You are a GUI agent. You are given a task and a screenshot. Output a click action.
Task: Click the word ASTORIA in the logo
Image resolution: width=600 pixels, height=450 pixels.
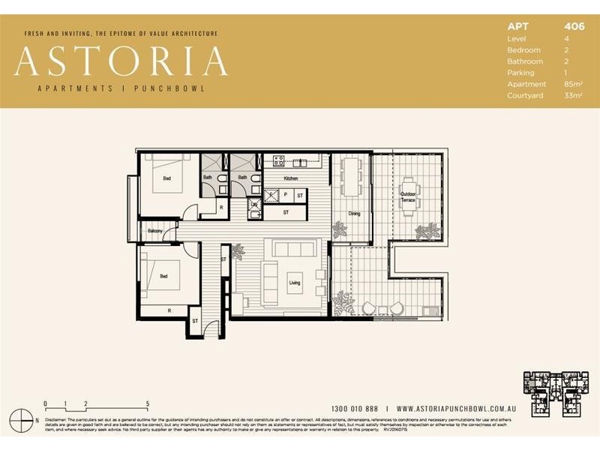pos(121,61)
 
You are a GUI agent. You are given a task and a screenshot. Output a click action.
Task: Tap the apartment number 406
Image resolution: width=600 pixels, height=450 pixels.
pos(574,26)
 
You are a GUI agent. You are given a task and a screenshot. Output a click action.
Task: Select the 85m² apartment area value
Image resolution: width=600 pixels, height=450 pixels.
pos(574,84)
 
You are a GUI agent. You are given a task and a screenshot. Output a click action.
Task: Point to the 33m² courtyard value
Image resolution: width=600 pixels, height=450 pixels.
pos(574,95)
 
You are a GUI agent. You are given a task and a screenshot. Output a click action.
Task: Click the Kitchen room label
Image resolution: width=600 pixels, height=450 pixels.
pos(292,178)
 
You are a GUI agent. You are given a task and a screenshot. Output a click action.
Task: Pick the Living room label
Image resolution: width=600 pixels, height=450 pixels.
pos(295,283)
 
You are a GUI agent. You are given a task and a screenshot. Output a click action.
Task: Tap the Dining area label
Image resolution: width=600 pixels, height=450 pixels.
pos(354,214)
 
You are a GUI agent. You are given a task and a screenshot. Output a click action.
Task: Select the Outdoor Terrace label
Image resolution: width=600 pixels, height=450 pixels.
pos(407,197)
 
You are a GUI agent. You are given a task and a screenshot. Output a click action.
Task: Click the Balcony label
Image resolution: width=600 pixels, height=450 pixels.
pos(155,230)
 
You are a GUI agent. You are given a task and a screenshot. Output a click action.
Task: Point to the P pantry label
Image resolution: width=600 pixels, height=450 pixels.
pos(286,195)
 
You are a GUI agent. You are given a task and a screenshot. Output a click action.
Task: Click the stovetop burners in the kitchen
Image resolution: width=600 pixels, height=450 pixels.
pos(278,160)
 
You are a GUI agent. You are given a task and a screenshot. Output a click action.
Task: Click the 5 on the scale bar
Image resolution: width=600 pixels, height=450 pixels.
pos(148,403)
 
